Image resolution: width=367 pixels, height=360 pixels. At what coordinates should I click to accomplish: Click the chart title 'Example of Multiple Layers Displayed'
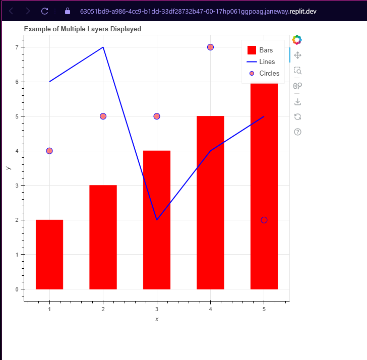(82, 29)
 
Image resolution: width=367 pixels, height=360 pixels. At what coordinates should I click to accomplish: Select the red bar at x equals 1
(49, 255)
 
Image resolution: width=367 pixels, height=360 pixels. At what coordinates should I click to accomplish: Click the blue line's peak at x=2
(103, 47)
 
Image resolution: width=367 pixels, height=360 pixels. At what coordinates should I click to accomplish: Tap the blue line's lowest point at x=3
(157, 220)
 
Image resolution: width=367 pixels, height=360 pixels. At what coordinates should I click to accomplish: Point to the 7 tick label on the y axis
(16, 47)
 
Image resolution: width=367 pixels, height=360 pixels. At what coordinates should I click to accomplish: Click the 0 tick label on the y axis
(16, 289)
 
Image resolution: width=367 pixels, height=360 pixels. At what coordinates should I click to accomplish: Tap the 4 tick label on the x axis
(210, 309)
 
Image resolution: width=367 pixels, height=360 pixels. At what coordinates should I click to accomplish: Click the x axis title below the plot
(157, 319)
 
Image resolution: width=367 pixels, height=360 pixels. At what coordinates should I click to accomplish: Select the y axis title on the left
(7, 167)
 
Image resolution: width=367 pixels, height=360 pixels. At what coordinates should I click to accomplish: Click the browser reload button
(45, 11)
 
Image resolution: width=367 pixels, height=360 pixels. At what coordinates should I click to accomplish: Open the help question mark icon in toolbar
(297, 132)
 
